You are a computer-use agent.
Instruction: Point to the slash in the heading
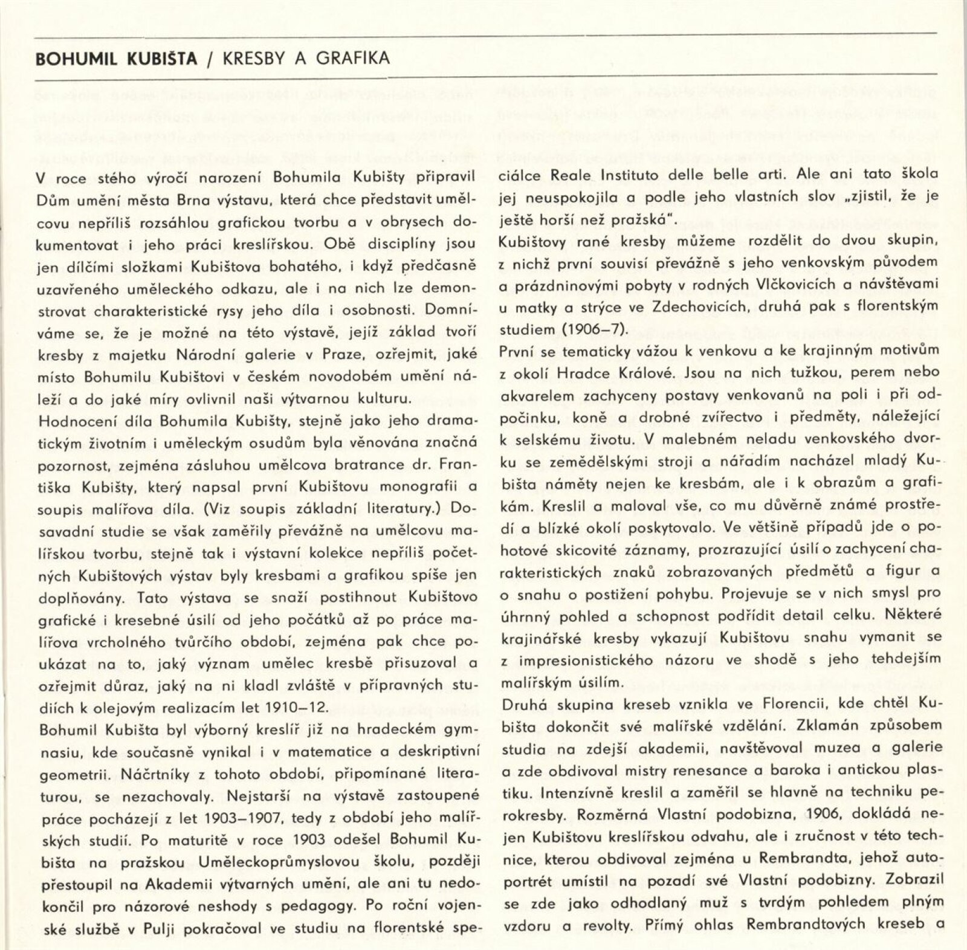(x=210, y=59)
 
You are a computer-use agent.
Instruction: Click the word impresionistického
(x=586, y=661)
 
